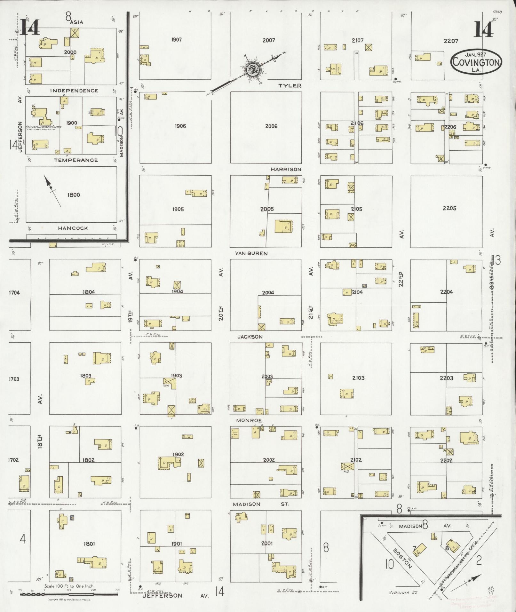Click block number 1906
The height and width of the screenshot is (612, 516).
pyautogui.click(x=180, y=126)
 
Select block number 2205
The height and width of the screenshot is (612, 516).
pyautogui.click(x=449, y=208)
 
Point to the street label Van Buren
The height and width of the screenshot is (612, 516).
pyautogui.click(x=251, y=253)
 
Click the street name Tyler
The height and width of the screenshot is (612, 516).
pyautogui.click(x=290, y=85)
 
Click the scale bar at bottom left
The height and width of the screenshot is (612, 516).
pyautogui.click(x=69, y=594)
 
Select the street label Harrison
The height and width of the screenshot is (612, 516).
pyautogui.click(x=286, y=169)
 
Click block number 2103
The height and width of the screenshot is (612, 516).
pyautogui.click(x=358, y=378)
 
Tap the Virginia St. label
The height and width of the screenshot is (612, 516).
pyautogui.click(x=403, y=592)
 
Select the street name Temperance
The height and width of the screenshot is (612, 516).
pyautogui.click(x=76, y=160)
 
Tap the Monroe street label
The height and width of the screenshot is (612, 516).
pyautogui.click(x=249, y=420)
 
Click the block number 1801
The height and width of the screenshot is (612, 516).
pyautogui.click(x=89, y=544)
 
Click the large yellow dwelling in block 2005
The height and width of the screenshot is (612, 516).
pyautogui.click(x=283, y=226)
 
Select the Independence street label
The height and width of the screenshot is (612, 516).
pyautogui.click(x=74, y=91)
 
